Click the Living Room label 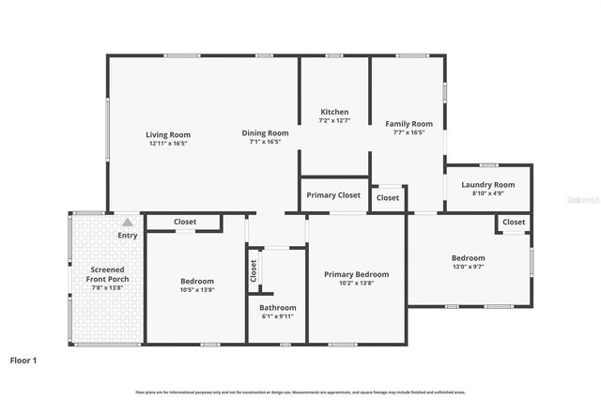click(x=167, y=134)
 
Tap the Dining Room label click(x=265, y=133)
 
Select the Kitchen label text click(x=334, y=112)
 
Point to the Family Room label click(x=408, y=124)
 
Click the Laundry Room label click(x=488, y=185)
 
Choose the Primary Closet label click(x=333, y=195)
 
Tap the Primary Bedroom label click(x=356, y=274)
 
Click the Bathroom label click(x=278, y=308)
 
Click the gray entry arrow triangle click(x=127, y=223)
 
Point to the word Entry click(x=127, y=236)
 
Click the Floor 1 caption click(x=25, y=360)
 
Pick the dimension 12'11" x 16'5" click(x=167, y=144)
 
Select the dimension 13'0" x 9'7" click(x=468, y=267)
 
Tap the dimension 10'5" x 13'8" click(x=197, y=290)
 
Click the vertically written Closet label click(x=254, y=270)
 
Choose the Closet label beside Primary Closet click(x=387, y=198)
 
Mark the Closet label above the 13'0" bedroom click(x=514, y=222)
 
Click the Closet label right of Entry click(x=185, y=223)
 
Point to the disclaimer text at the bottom click(x=300, y=392)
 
